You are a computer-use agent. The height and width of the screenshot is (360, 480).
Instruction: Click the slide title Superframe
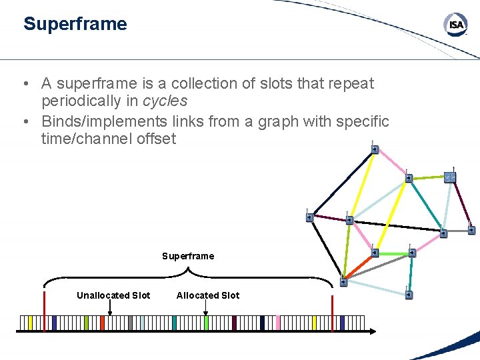75,24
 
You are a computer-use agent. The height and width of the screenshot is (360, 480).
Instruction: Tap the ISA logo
456,25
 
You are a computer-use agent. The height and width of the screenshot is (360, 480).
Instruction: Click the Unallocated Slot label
113,295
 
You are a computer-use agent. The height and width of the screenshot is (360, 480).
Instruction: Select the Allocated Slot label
207,295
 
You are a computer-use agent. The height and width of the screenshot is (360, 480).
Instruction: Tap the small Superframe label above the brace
188,256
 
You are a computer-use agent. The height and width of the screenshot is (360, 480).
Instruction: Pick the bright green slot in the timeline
206,323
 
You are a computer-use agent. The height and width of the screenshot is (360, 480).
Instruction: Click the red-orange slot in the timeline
102,323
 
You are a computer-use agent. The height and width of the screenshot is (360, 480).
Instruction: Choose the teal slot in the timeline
174,323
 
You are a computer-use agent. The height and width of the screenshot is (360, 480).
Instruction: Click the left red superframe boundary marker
44,311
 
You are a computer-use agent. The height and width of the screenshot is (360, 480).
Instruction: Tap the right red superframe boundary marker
332,311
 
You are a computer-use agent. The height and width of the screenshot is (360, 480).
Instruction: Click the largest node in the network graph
450,177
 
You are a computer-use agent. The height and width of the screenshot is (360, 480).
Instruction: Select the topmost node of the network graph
375,149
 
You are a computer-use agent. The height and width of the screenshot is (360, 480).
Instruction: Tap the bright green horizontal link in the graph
393,253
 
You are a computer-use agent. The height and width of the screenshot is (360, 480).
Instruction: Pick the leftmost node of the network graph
309,216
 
